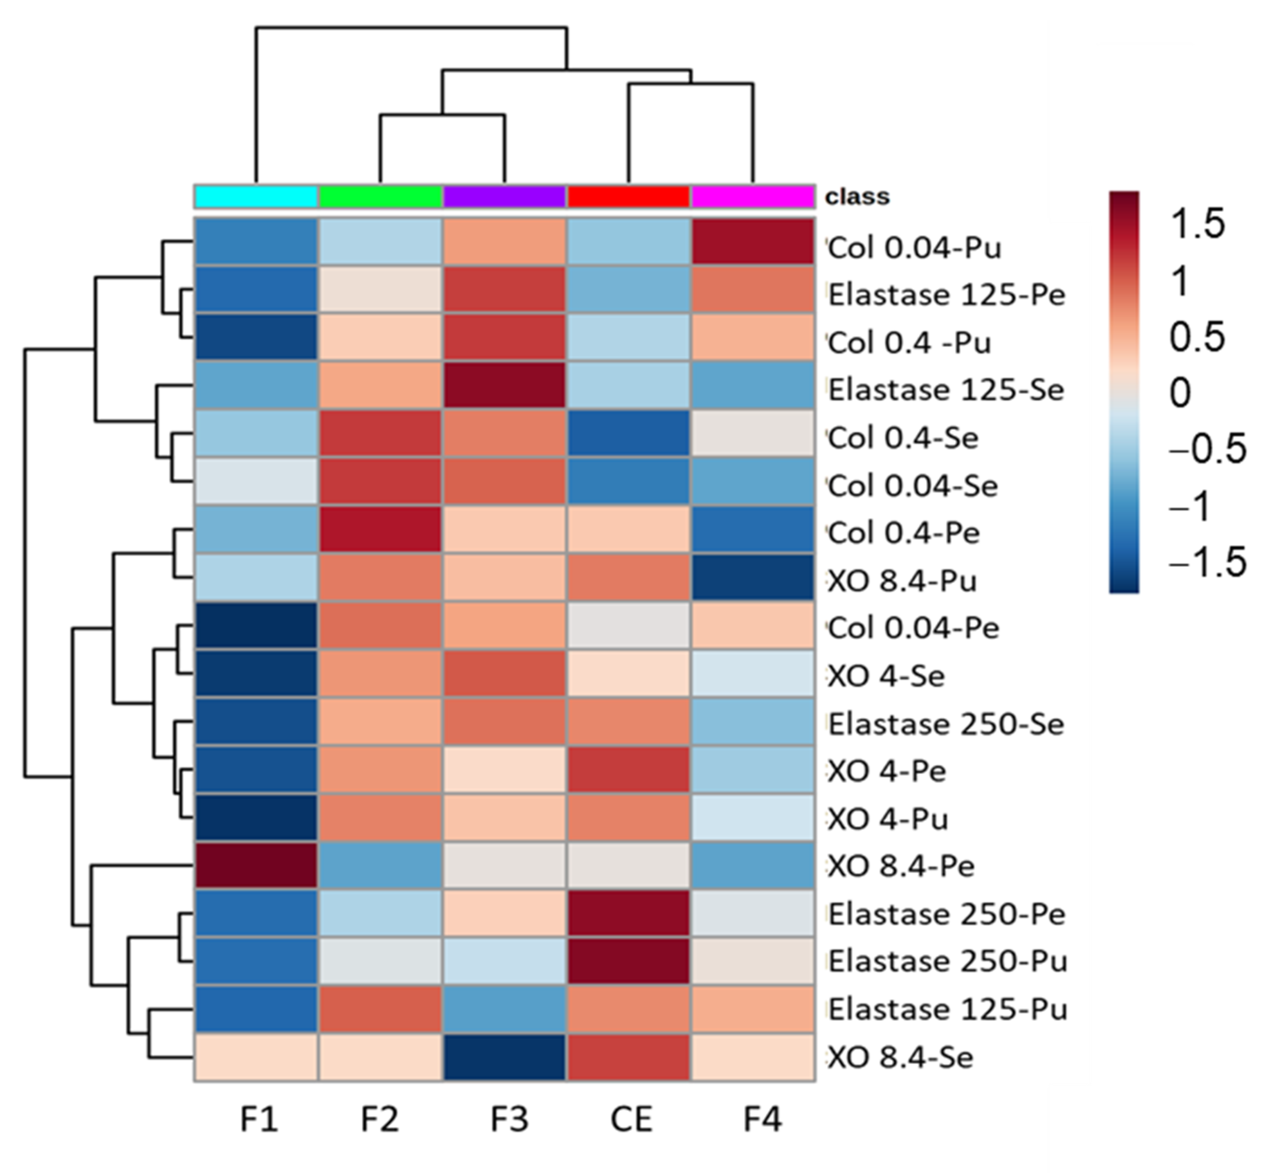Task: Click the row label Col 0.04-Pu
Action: (914, 248)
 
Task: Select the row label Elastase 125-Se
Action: (945, 390)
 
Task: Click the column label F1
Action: (259, 1120)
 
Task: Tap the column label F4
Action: (762, 1120)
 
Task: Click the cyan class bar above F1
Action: (256, 197)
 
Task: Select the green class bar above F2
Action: (380, 197)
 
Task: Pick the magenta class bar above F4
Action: (753, 197)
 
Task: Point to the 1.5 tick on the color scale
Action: (1197, 224)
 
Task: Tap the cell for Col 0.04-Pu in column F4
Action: (753, 242)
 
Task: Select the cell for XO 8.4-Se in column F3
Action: (505, 1057)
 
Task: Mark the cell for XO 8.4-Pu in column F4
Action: (753, 577)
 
